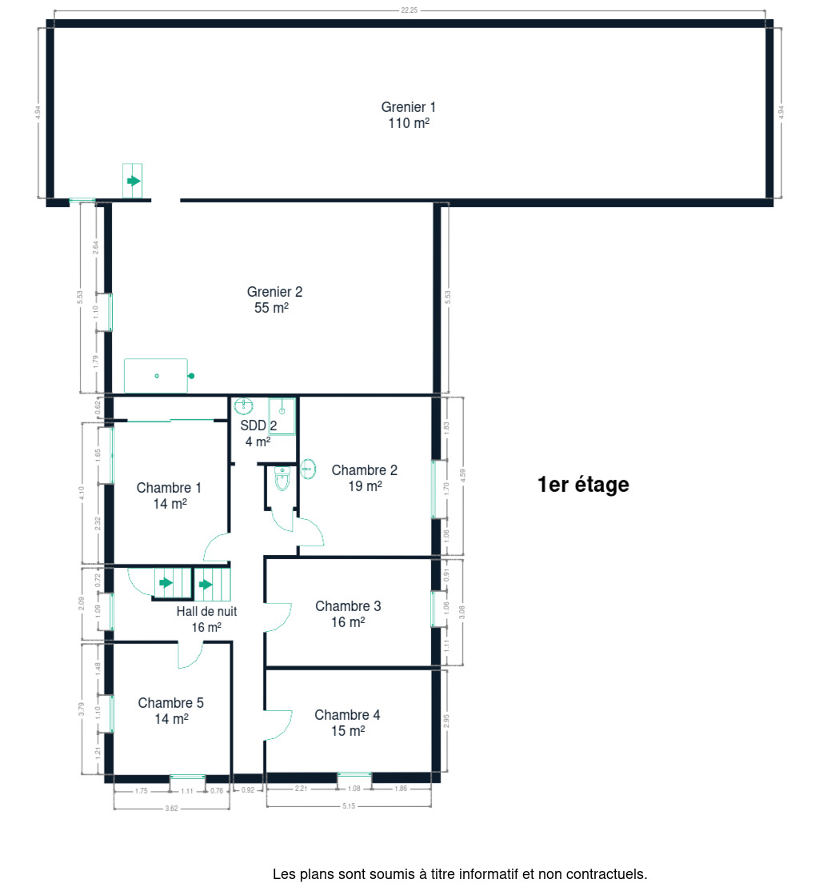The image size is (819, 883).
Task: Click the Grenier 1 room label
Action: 409,107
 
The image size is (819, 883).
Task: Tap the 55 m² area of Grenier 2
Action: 271,307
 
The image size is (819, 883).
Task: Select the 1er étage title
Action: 583,485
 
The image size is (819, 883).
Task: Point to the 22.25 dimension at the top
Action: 409,10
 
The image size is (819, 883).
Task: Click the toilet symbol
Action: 282,478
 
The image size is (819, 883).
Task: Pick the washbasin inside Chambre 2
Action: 308,469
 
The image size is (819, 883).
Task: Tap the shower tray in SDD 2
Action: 282,416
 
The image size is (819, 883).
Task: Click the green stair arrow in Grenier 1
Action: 134,181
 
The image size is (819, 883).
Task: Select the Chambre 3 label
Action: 348,606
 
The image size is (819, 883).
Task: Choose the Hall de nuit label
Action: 206,611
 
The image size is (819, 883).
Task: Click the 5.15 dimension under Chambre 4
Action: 349,806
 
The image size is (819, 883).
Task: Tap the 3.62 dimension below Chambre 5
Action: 171,808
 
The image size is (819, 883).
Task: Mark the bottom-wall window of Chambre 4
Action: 354,776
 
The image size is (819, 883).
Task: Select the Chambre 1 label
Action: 169,488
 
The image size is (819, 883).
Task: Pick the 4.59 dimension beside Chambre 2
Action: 463,475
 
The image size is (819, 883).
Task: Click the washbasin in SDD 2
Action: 243,406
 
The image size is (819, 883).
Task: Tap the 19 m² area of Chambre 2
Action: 365,486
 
